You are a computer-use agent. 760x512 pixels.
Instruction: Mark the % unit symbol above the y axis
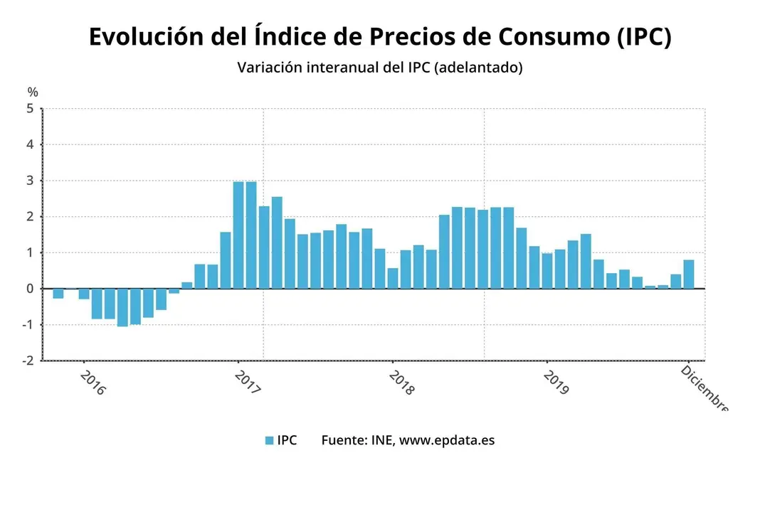coord(33,92)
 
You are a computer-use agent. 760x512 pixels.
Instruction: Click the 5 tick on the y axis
coord(30,109)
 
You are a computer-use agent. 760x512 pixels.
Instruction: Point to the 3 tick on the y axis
coord(30,181)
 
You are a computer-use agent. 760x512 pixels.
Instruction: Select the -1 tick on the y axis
coord(27,325)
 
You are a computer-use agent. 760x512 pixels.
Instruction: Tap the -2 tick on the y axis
coord(27,361)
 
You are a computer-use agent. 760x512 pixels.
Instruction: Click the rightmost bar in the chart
coord(689,274)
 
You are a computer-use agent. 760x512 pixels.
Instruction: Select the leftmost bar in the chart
coord(58,293)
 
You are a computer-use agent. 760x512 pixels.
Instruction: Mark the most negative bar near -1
coord(122,307)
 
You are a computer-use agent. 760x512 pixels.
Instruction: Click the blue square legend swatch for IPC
coord(269,441)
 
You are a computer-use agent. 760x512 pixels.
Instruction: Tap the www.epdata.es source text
coord(446,440)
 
